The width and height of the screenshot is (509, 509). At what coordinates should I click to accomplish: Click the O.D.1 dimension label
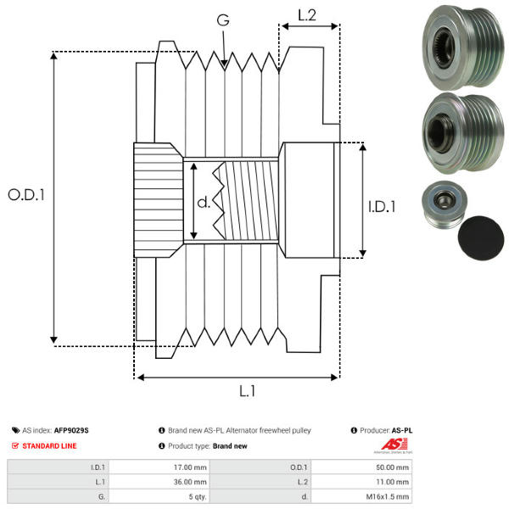[25, 194]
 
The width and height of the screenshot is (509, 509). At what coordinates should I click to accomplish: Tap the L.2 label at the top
[307, 14]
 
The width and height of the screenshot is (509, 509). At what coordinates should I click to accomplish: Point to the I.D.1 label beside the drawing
[383, 205]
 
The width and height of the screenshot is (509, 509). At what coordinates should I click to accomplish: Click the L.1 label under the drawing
[247, 391]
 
